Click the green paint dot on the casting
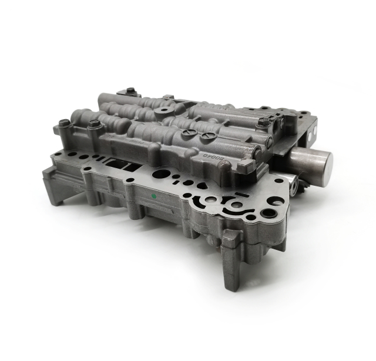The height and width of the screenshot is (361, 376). [x=153, y=195]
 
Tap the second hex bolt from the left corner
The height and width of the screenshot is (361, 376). [x=93, y=124]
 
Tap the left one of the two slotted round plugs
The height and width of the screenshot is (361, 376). [x=187, y=133]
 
